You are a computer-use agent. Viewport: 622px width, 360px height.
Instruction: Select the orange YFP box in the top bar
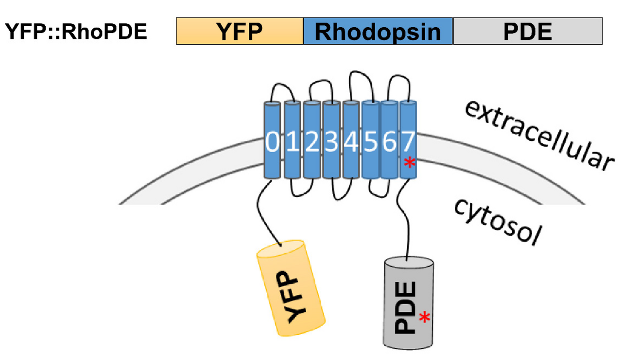click(240, 32)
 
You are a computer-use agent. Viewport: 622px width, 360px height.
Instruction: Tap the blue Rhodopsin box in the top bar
click(378, 32)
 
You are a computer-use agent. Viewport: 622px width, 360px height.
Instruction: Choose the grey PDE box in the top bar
click(528, 32)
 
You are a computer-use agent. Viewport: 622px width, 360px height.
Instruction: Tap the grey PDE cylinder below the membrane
click(409, 304)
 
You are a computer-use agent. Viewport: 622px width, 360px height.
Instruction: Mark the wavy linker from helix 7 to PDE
click(403, 219)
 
